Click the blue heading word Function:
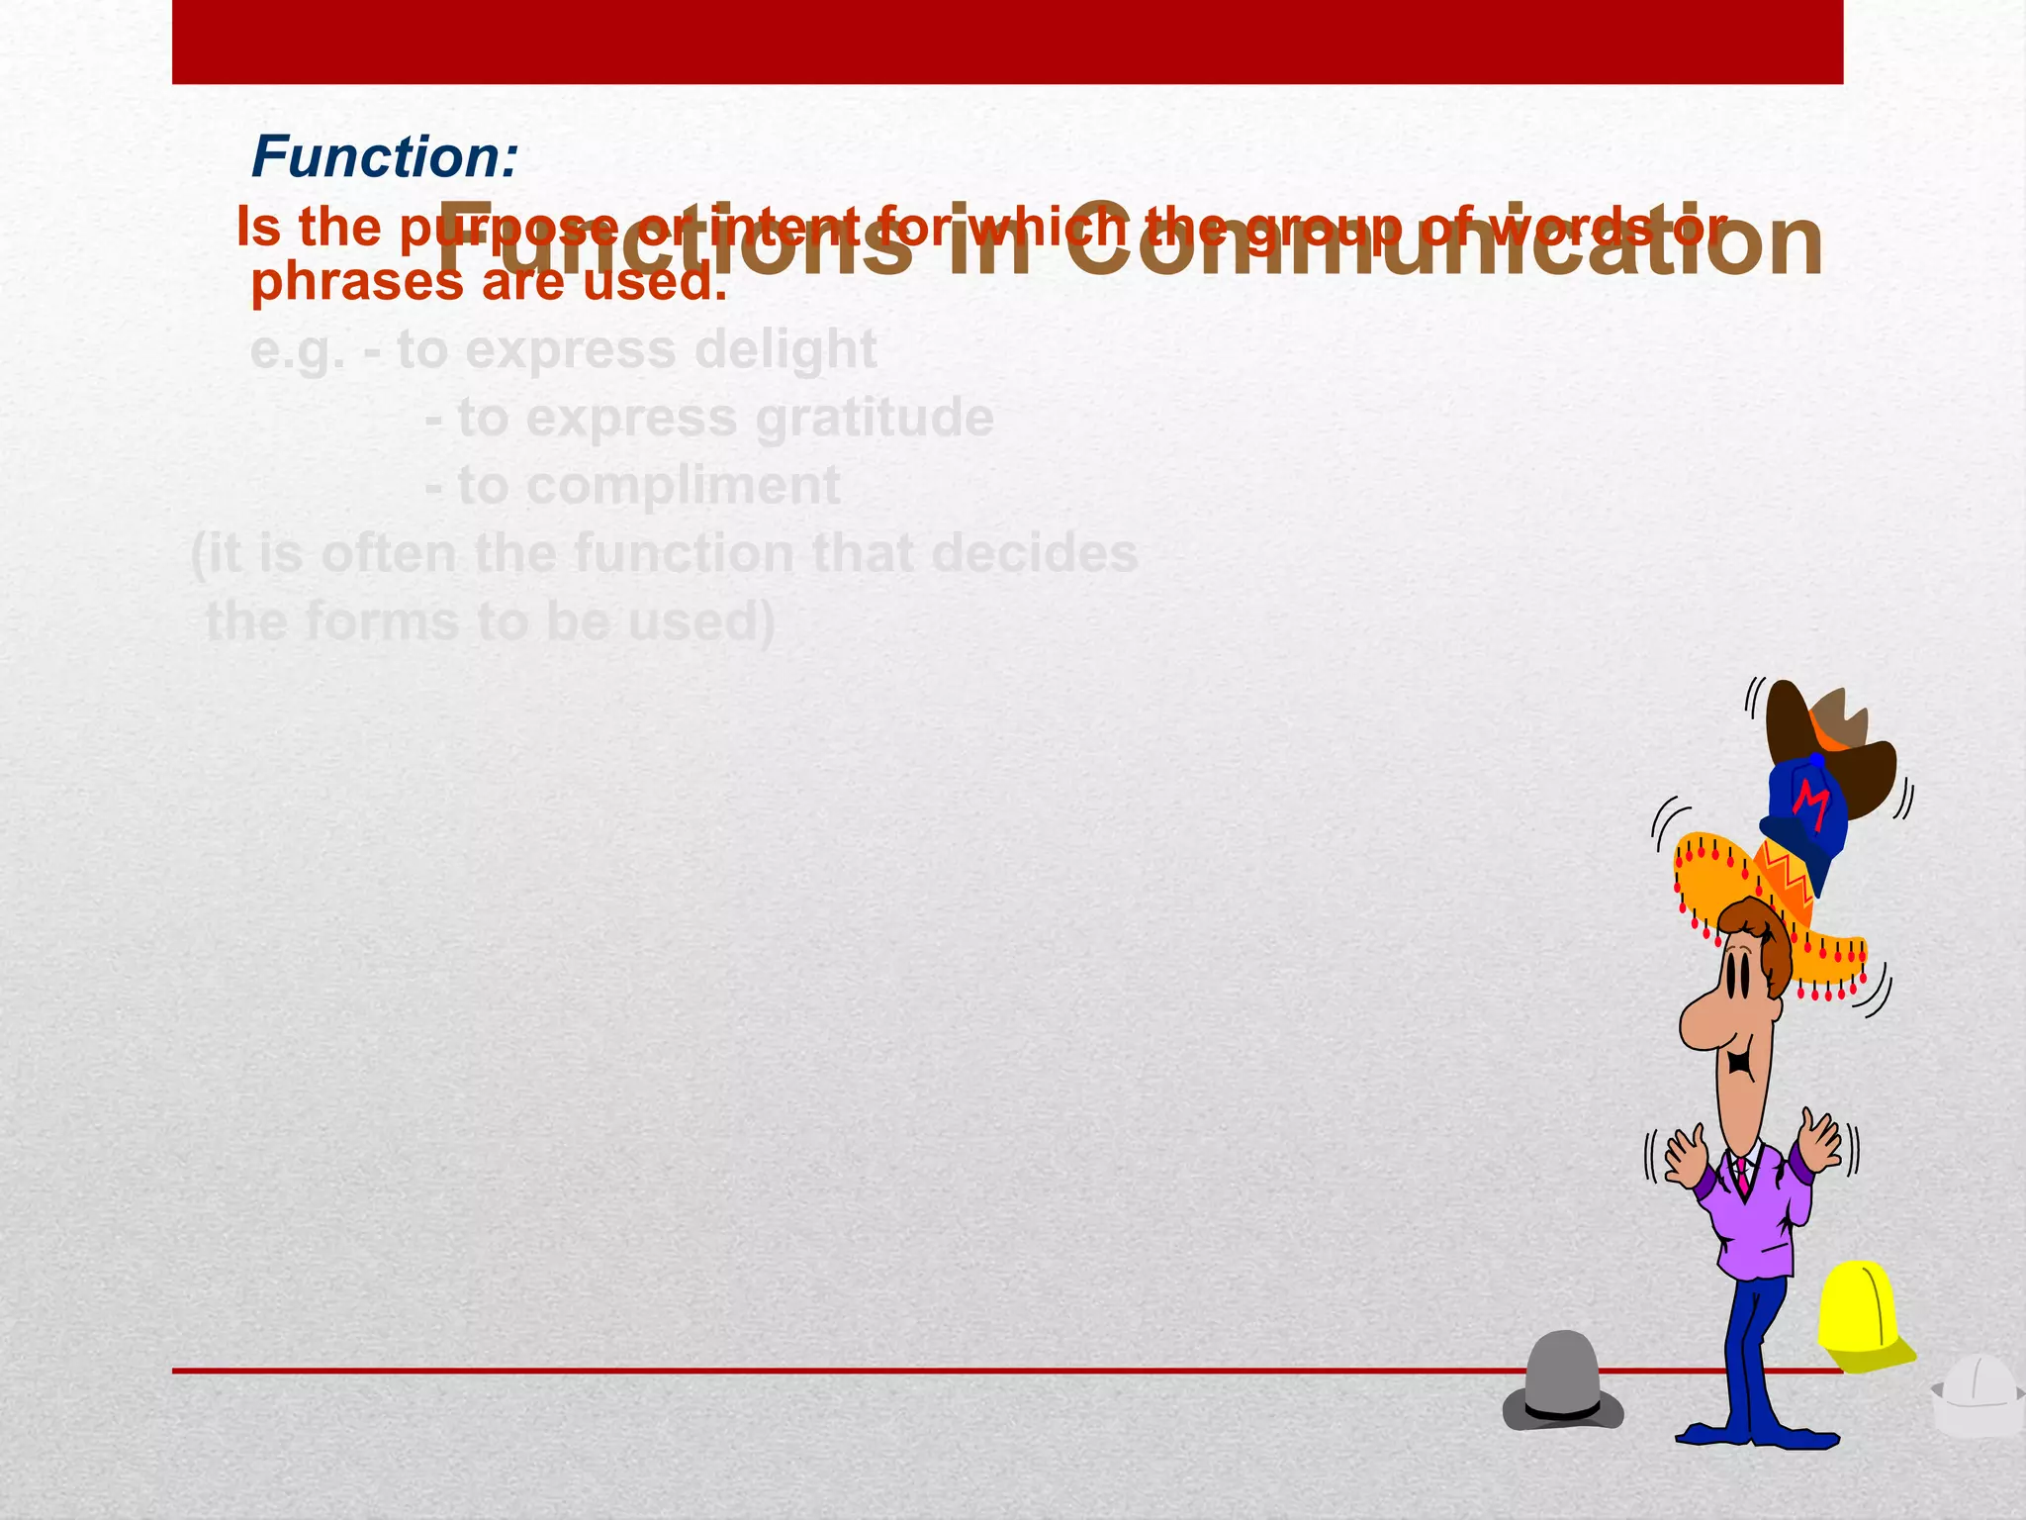coord(385,157)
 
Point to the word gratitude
coord(875,418)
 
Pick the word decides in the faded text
coord(1035,553)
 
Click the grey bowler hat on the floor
coord(1562,1380)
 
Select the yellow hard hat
coord(1860,1316)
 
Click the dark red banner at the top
coord(1007,42)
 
